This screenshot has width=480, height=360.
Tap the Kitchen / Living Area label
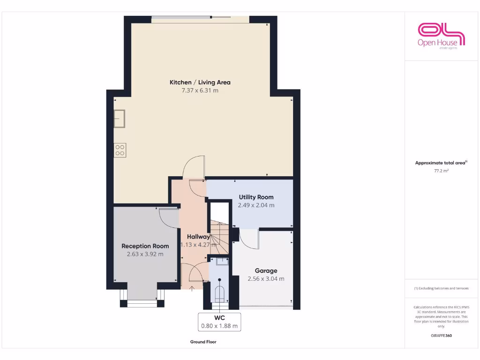coord(200,82)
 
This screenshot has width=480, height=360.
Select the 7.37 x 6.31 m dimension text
coord(200,90)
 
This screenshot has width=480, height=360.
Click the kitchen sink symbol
coord(119,118)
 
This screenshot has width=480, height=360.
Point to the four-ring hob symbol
coord(120,150)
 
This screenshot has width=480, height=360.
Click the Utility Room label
coord(256,197)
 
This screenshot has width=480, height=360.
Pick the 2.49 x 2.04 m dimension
coord(256,205)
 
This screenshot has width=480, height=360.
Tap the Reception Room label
coord(145,246)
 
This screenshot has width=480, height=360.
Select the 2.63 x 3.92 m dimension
coord(145,254)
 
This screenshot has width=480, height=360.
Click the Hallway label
coord(198,237)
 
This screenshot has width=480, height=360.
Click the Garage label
coord(266,270)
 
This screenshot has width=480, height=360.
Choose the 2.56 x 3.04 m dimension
coord(266,278)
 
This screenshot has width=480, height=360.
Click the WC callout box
coord(219,321)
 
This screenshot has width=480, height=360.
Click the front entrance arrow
coord(192,287)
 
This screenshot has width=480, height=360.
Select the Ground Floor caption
coord(203,342)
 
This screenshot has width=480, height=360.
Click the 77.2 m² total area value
coord(441,171)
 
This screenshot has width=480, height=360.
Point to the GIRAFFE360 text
coord(441,336)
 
